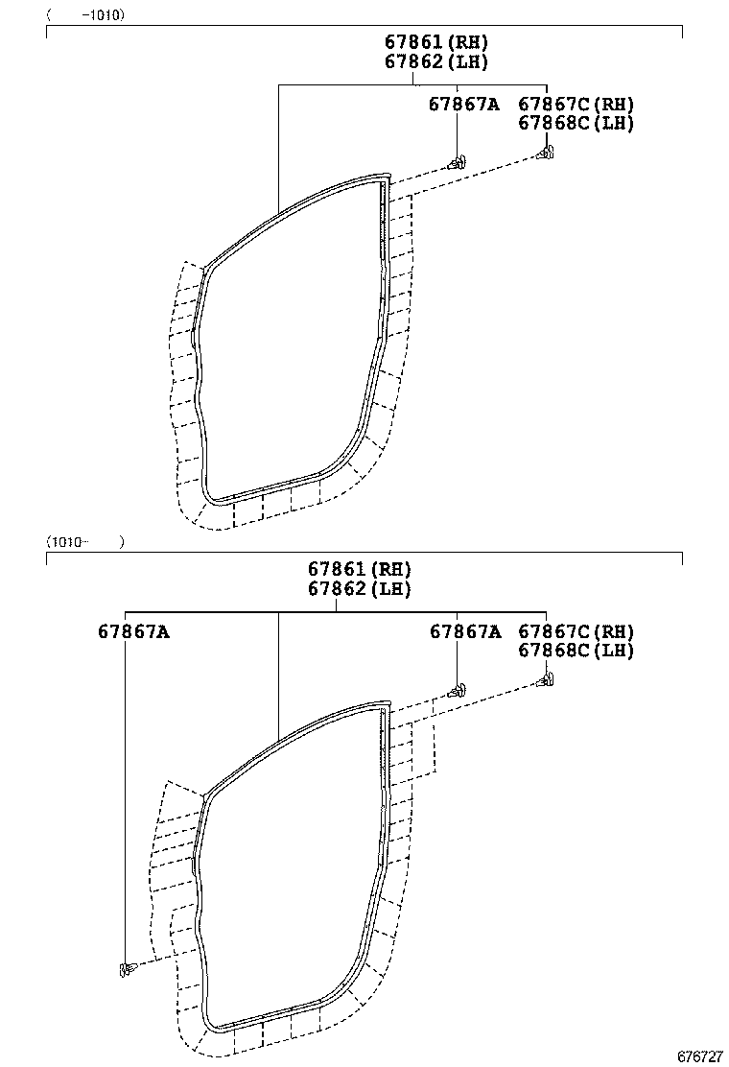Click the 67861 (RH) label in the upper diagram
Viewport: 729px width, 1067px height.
coord(436,42)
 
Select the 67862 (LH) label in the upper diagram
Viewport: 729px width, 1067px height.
coord(436,61)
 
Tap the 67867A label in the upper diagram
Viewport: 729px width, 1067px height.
coord(464,104)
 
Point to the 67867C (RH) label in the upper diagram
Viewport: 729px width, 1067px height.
coord(576,104)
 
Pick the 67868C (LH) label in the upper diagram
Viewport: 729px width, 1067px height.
coord(576,122)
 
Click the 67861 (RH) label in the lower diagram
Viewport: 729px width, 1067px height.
coord(359,570)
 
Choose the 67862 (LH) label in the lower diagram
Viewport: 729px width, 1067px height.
coord(359,589)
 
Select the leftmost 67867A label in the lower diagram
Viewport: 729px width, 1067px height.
coord(133,631)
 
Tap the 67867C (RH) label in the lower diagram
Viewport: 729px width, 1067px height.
coord(576,631)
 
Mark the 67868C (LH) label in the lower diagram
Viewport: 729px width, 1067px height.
coord(576,650)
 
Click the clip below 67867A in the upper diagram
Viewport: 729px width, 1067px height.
coord(459,159)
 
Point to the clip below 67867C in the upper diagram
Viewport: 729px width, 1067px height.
coord(546,152)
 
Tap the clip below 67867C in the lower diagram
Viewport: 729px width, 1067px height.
coord(546,681)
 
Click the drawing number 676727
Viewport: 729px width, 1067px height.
coord(699,1055)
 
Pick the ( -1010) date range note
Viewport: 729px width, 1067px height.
coord(85,15)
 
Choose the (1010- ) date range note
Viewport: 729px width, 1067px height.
coord(85,541)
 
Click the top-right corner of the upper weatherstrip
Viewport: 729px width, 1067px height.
coord(387,178)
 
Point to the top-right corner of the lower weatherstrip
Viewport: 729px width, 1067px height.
coord(387,705)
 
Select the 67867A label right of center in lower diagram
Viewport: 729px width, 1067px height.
coord(464,631)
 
